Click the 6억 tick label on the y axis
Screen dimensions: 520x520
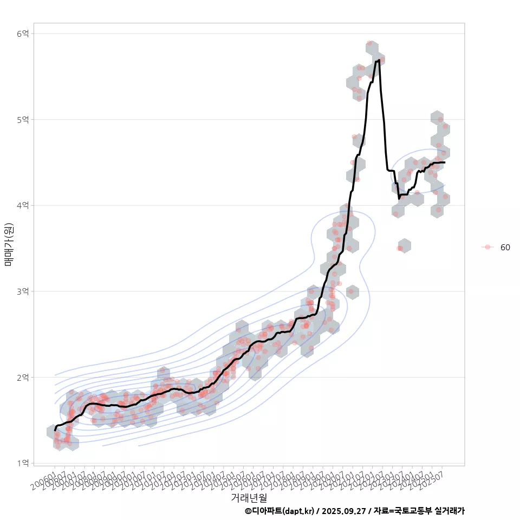point(23,34)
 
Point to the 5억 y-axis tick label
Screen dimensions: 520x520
point(23,119)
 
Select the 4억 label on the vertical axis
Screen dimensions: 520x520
point(23,205)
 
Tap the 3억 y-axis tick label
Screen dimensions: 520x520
point(23,291)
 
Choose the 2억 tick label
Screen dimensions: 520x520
point(23,377)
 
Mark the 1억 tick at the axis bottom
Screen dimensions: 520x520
point(23,463)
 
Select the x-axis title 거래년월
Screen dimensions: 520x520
point(249,497)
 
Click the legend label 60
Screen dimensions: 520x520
point(505,248)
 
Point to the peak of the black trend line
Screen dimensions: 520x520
point(378,61)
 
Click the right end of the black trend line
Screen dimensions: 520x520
point(444,162)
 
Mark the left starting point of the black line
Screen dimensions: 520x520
point(55,430)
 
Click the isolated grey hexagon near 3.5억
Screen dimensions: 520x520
point(404,246)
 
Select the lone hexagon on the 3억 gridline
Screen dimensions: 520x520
point(352,291)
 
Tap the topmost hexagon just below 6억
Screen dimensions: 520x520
point(372,47)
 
